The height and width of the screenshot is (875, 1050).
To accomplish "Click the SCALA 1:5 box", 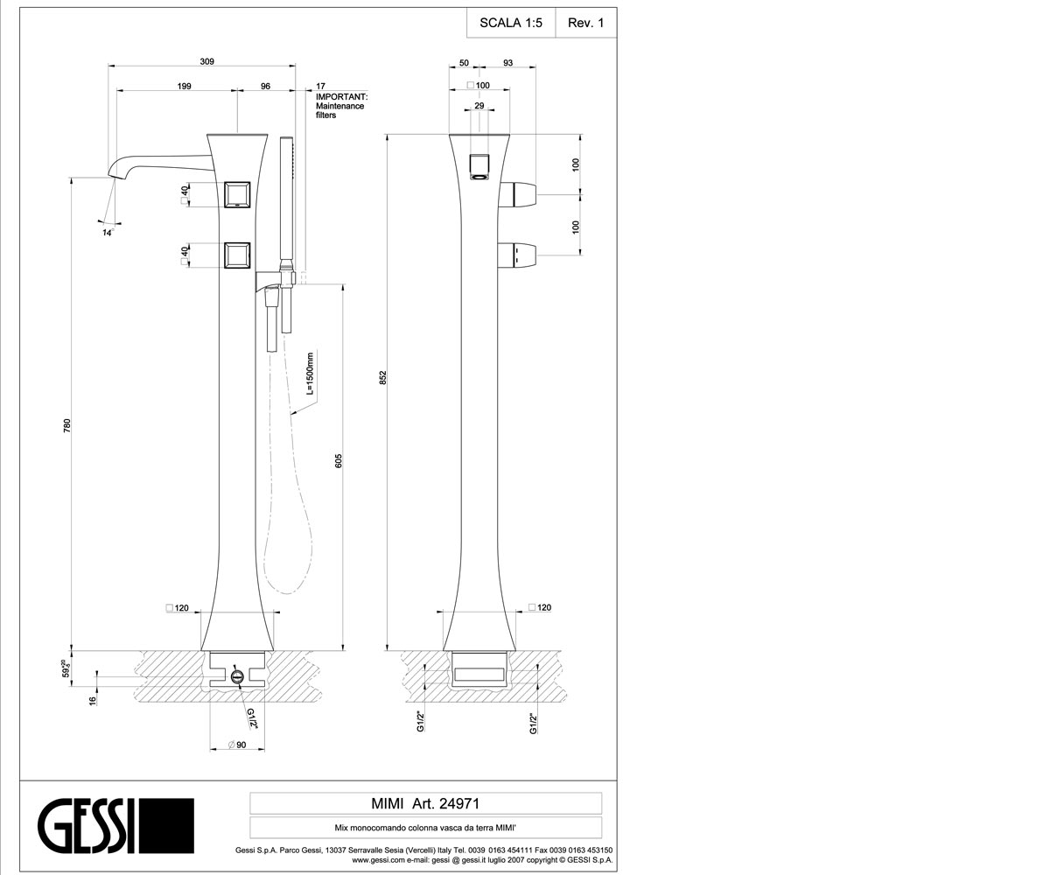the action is pos(511,23).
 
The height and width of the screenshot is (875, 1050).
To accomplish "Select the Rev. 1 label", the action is pos(585,23).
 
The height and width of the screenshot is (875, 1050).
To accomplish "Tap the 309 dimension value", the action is pos(206,61).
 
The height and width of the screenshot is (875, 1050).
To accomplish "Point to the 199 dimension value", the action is pos(184,86).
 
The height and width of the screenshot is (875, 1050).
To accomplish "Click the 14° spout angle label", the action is pos(108,233).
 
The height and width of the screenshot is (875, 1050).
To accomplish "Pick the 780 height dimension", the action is pos(67,425).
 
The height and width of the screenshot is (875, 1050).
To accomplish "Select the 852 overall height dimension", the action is pos(382,378).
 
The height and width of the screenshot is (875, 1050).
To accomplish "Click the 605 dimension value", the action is pos(339,461).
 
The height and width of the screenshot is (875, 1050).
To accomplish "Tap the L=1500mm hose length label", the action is pos(310,373).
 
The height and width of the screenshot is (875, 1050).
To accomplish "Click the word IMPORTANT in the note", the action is pos(341,96).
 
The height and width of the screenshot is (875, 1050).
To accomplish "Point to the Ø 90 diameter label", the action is pos(237,745).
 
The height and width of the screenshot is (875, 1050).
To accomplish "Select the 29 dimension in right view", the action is pos(479,106).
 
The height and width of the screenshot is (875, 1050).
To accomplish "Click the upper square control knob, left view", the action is pos(237,194).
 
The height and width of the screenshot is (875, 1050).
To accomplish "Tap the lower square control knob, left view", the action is pos(237,256).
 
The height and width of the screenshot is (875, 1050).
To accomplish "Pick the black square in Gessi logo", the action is pos(166,826).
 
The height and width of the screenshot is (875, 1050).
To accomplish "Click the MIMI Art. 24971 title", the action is pos(425,803).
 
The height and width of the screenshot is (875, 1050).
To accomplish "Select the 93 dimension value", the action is pos(507,63).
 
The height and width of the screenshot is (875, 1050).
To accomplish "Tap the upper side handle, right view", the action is pos(518,194).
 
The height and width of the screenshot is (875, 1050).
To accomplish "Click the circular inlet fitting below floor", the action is pos(237,676).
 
